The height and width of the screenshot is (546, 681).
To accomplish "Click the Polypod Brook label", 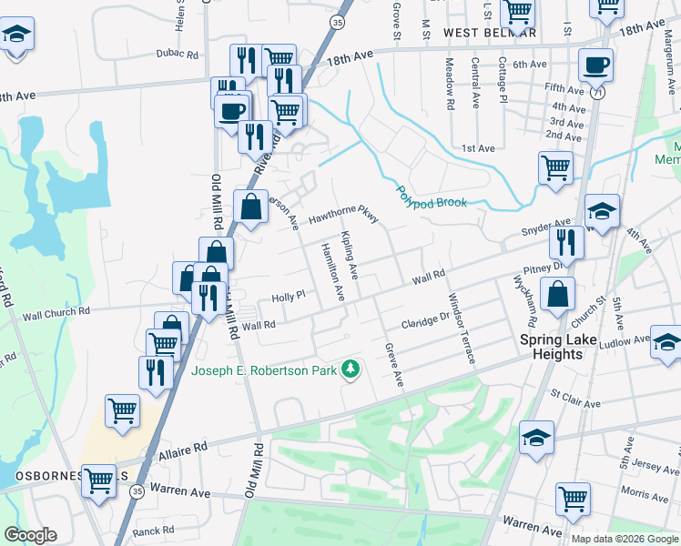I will [x=431, y=197].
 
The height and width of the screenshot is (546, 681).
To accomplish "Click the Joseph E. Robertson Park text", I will [x=263, y=369].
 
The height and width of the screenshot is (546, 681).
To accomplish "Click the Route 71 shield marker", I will [x=597, y=94].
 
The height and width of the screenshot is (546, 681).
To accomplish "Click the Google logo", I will [x=30, y=534].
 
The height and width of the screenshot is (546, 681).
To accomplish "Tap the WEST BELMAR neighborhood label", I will [x=490, y=33].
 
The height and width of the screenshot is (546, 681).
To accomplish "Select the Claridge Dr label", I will [x=426, y=321].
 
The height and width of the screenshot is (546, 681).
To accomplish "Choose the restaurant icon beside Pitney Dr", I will [x=566, y=243].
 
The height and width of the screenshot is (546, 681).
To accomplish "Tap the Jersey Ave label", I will [x=646, y=465].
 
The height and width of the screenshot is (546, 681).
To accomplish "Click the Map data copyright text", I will [x=624, y=539].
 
